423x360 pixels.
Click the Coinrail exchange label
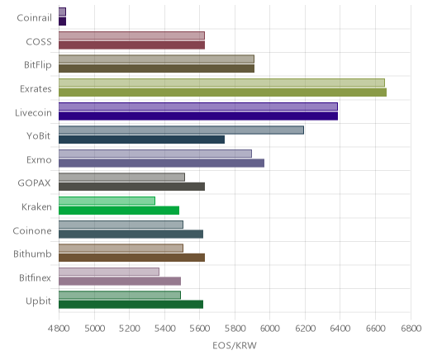pos(34,18)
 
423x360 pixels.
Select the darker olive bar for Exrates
pos(222,92)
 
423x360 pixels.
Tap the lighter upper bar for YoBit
pos(181,130)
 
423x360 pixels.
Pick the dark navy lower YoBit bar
pos(141,140)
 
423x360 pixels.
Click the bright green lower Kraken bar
pos(119,211)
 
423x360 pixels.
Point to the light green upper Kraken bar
pos(107,201)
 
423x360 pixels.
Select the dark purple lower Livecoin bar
pos(198,116)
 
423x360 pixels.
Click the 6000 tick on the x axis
pos(270,329)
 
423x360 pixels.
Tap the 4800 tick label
pos(59,329)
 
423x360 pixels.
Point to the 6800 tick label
pos(411,329)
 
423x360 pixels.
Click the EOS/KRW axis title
pos(235,346)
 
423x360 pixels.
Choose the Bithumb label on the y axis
pos(32,253)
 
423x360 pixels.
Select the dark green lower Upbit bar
pos(131,305)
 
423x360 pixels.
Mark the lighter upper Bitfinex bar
pos(109,272)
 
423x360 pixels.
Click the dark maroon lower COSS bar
pos(131,45)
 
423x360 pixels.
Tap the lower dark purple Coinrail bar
pos(62,21)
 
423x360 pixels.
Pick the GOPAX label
pos(34,183)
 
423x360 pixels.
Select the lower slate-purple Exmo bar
pos(161,163)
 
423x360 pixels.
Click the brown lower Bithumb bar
pos(131,258)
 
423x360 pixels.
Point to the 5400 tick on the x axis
pos(164,329)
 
